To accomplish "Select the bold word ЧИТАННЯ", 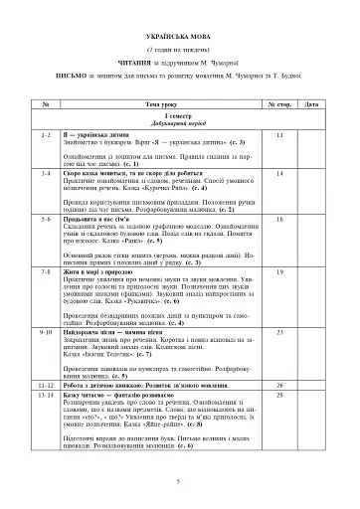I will tap(118, 61).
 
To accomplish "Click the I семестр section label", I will tap(179, 115).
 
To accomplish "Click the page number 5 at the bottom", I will tap(178, 480).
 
